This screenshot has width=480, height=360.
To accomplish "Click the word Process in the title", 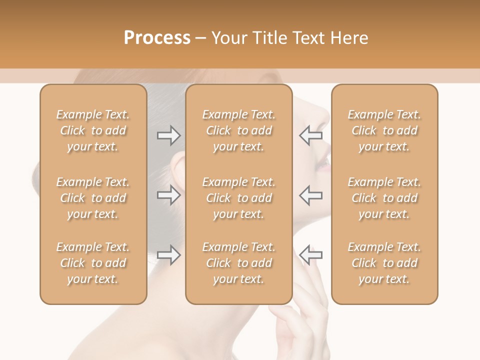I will click(x=157, y=37).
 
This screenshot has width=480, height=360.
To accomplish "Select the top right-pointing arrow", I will click(x=168, y=135).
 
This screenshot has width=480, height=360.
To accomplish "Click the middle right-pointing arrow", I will click(x=168, y=195).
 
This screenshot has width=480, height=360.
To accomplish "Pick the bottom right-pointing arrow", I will click(x=168, y=255).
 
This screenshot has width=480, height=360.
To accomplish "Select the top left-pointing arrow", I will click(x=311, y=135).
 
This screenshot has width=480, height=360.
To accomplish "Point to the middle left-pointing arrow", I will click(x=311, y=195).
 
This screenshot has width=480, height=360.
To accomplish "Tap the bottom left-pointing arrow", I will click(x=311, y=255).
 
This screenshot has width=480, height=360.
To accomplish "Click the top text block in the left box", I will click(x=93, y=130).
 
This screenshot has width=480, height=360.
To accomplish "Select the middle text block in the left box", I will click(x=93, y=198).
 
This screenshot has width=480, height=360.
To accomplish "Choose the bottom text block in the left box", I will click(x=93, y=263).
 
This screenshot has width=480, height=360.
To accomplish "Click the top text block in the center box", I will click(x=239, y=130).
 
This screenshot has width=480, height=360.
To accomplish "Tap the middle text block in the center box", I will click(x=239, y=198).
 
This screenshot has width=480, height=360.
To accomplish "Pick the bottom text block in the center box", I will click(x=239, y=263).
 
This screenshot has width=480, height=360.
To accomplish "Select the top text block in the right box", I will click(x=384, y=130).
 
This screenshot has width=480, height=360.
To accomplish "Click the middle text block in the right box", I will click(x=384, y=198).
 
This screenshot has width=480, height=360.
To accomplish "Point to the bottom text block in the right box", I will click(x=384, y=263).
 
